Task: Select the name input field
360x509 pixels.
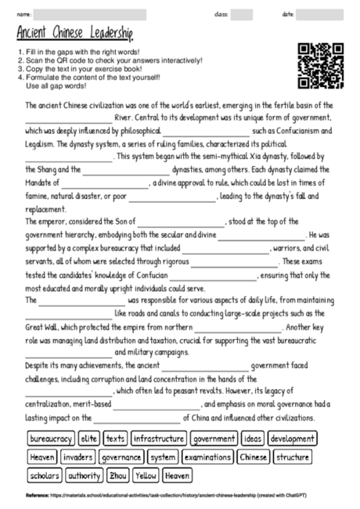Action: click(x=89, y=14)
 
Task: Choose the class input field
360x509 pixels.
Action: click(x=241, y=14)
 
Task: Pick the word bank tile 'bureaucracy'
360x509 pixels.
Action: click(x=52, y=439)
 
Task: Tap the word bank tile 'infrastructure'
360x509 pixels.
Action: click(x=159, y=439)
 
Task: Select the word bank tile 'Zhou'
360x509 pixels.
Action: click(x=117, y=475)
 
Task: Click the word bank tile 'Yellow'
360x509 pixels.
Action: click(x=146, y=475)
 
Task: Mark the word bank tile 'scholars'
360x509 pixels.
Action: click(x=45, y=475)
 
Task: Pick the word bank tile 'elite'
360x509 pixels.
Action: click(x=89, y=439)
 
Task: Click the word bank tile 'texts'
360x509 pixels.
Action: click(x=115, y=439)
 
